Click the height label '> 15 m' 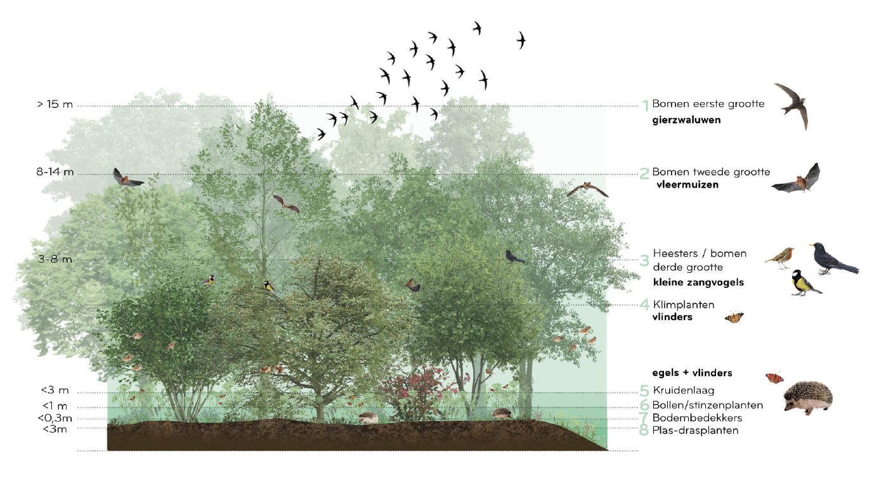tap(55, 105)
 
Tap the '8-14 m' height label tap(55, 172)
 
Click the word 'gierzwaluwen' tap(686, 119)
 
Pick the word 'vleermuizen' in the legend tap(687, 186)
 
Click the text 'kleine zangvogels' tap(698, 282)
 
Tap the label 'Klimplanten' tap(683, 304)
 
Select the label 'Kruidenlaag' tap(683, 390)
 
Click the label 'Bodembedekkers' tap(696, 418)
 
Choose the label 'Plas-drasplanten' tap(694, 431)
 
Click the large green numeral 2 tap(644, 173)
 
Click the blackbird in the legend tap(831, 259)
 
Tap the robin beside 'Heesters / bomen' tap(778, 256)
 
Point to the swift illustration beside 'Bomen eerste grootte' tap(793, 104)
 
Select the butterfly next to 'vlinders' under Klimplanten tap(734, 316)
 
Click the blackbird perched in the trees tap(514, 257)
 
